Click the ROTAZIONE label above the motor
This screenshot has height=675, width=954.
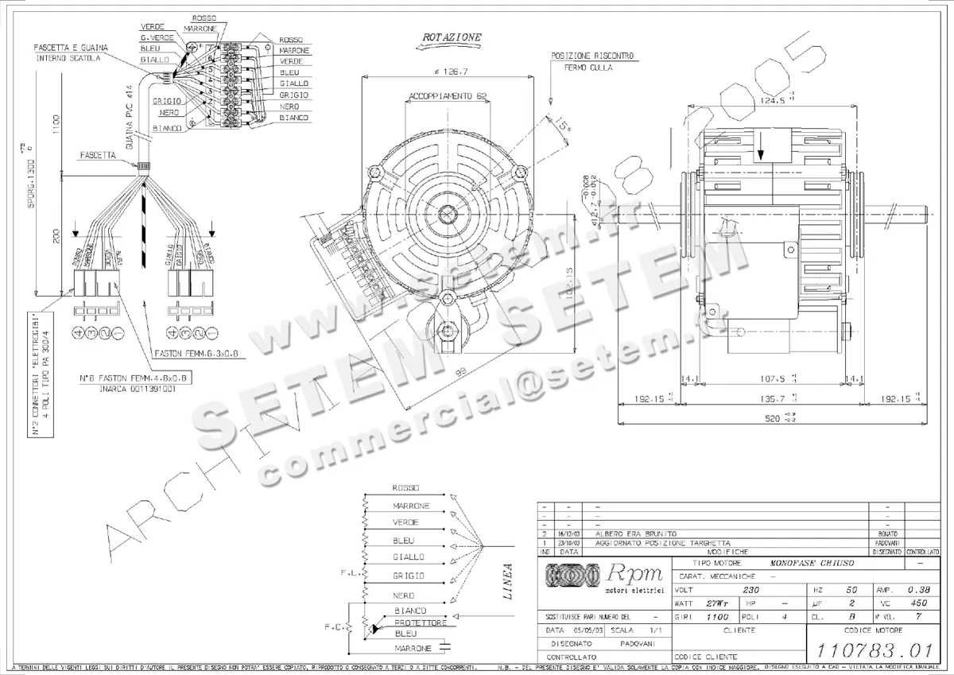coord(451,38)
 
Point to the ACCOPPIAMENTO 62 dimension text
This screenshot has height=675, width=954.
coord(448,96)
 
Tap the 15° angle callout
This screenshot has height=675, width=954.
coord(564,126)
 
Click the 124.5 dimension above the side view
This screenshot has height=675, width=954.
coord(772,101)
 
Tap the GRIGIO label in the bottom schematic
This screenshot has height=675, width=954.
coord(409,575)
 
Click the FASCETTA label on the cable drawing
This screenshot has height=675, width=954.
coord(99,157)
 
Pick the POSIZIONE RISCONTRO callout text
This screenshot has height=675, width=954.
coord(592,56)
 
